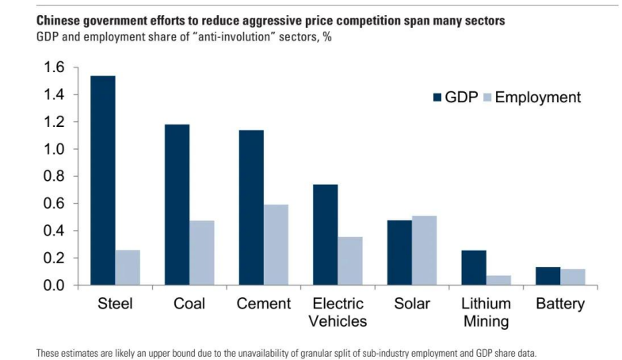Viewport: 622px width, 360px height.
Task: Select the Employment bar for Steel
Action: [128, 267]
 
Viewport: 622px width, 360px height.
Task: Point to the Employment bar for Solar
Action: [424, 250]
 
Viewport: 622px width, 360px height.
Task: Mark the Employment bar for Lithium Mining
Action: [498, 280]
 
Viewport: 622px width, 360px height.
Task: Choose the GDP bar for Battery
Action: [548, 276]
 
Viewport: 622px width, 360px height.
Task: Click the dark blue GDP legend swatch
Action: [437, 98]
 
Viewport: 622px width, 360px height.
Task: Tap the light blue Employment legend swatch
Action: [487, 98]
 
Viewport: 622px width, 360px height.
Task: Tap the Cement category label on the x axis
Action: [263, 304]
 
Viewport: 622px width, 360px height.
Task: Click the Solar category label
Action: [411, 304]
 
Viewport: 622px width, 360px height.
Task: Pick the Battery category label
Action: [560, 304]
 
